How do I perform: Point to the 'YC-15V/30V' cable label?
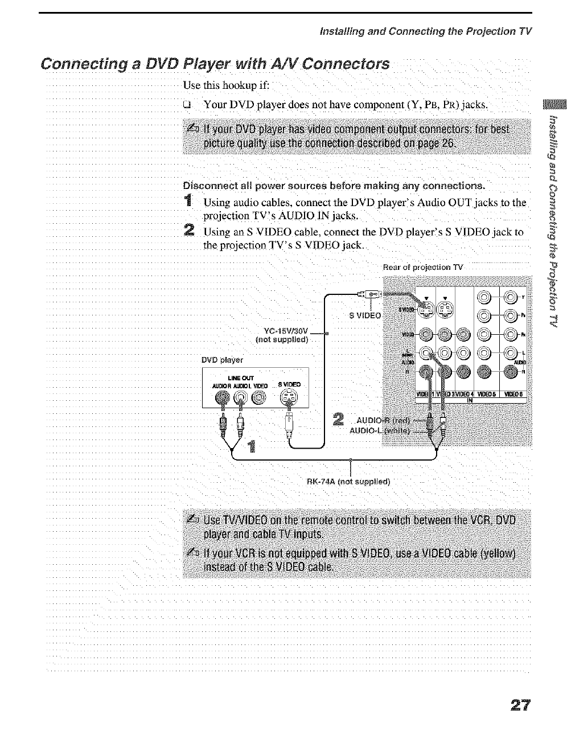(x=286, y=330)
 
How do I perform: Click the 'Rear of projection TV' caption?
(x=424, y=267)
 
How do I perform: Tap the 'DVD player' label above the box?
(x=223, y=360)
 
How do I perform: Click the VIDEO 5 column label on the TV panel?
(x=486, y=395)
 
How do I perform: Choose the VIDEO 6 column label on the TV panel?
(x=516, y=395)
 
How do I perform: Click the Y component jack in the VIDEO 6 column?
(x=511, y=296)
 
